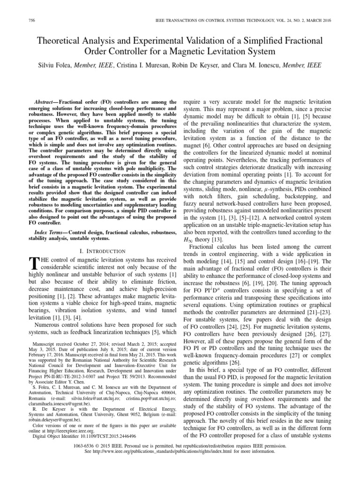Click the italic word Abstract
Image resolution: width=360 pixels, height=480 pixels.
click(x=46, y=102)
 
